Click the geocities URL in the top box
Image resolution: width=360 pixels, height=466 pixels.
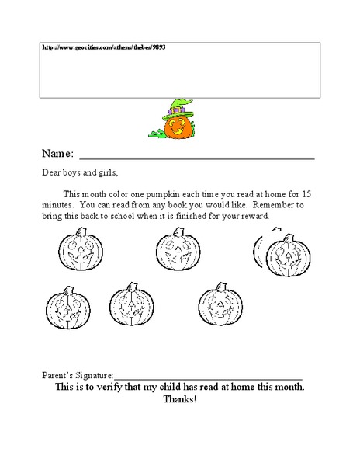[x=102, y=47]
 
